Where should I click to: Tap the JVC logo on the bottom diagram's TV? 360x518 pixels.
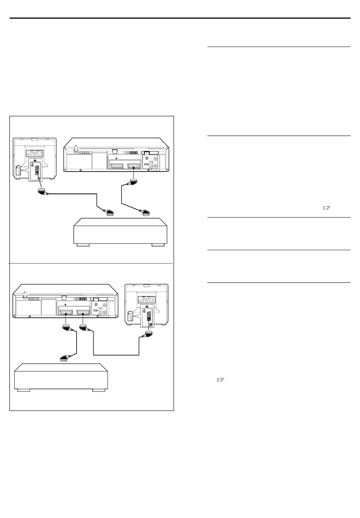pos(146,300)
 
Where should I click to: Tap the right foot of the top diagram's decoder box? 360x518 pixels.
pos(158,245)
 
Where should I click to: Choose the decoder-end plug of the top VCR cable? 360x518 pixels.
pos(145,212)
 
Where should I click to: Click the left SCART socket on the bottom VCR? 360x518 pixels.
pos(67,312)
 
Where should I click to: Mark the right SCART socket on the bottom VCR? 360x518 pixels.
pos(84,312)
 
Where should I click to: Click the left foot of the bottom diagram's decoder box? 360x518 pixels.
pos(23,390)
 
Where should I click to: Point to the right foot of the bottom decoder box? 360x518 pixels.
pos(99,390)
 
